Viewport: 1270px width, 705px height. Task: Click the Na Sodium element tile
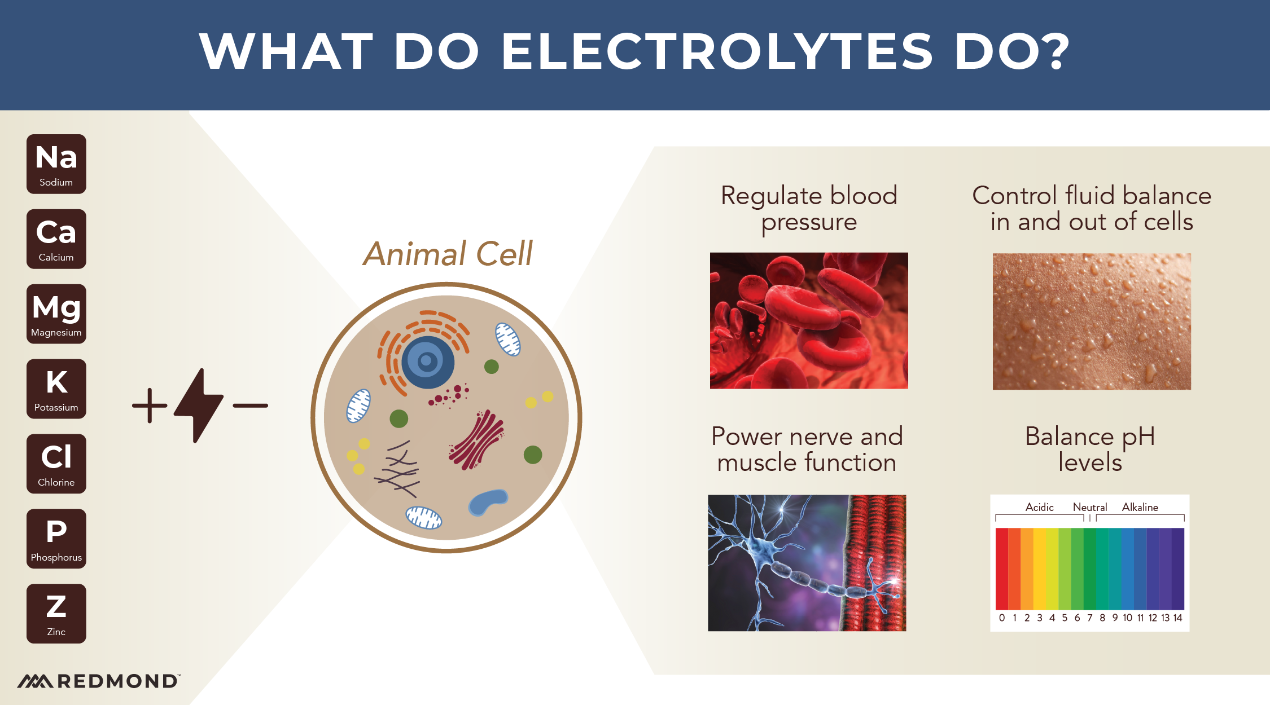coord(56,164)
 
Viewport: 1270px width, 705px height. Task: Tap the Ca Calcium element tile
coord(56,239)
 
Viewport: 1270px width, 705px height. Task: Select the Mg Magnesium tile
coord(56,314)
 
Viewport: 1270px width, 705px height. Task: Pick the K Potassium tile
coord(56,389)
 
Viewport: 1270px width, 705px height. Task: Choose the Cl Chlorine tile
coord(56,464)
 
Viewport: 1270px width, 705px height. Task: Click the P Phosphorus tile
coord(56,539)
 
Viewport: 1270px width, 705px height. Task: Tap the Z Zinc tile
coord(56,614)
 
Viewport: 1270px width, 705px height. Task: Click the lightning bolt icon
coord(198,405)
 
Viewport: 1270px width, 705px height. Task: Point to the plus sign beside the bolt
coord(150,406)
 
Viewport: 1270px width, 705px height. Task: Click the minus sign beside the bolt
coord(250,406)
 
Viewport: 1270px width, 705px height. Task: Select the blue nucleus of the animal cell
coord(427,362)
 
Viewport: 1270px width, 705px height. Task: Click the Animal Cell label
coord(448,254)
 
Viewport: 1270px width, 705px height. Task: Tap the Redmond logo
coord(99,681)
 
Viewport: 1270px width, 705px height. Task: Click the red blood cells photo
coord(809,320)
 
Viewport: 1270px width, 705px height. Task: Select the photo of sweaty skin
coord(1092,321)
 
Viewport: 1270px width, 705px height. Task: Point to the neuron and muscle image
coord(807,563)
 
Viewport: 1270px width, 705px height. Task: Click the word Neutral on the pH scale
coord(1089,507)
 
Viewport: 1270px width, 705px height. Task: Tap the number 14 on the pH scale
coord(1177,618)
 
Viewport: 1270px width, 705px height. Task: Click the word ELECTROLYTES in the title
coord(717,51)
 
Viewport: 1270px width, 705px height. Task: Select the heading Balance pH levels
coord(1090,449)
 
